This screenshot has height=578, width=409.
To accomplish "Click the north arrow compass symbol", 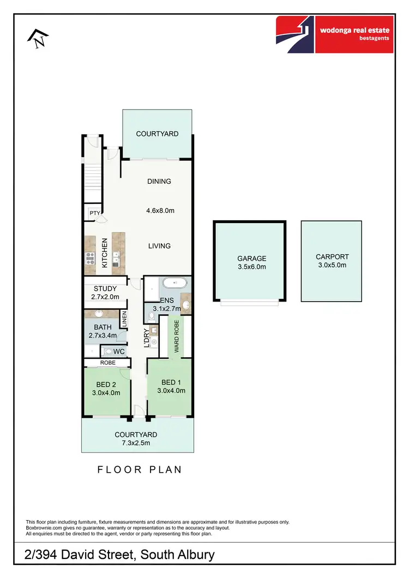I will pos(38,39).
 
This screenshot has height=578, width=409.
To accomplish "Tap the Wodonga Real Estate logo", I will pos(334,34).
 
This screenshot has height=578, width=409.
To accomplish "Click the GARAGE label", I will pos(251,258).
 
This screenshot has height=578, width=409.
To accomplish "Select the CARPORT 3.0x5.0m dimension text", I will pos(332,265).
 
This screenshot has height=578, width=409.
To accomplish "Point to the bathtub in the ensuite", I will pos(175,284).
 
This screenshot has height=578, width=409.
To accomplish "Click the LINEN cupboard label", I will pos(124,319).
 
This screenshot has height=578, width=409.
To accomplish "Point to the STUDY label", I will pos(105,289).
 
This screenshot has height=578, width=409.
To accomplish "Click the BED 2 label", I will pos(106,384).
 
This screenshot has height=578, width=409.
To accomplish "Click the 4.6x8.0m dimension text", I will pos(160,210).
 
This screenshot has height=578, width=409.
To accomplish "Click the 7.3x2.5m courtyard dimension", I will pos(136,443).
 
